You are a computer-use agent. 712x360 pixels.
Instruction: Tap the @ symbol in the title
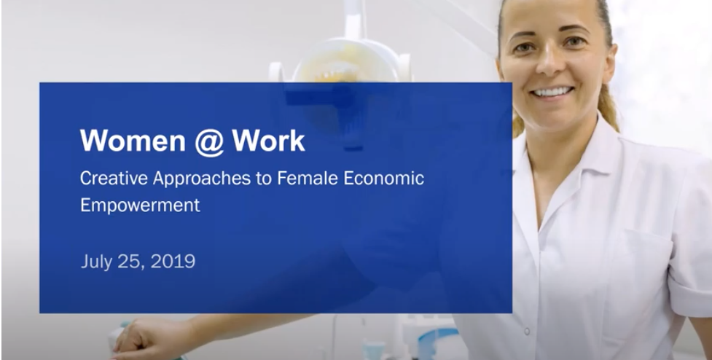pos(209,142)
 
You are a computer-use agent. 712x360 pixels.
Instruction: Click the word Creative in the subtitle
pos(114,178)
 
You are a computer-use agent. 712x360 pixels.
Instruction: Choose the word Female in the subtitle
pos(308,178)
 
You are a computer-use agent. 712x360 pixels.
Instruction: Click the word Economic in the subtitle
pos(384,178)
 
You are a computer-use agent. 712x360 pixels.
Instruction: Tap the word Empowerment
pos(140,206)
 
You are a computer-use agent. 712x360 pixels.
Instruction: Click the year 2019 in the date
pos(173,262)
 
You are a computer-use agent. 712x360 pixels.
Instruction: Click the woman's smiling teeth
pos(552,92)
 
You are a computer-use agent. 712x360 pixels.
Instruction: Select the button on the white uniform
pos(527,331)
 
